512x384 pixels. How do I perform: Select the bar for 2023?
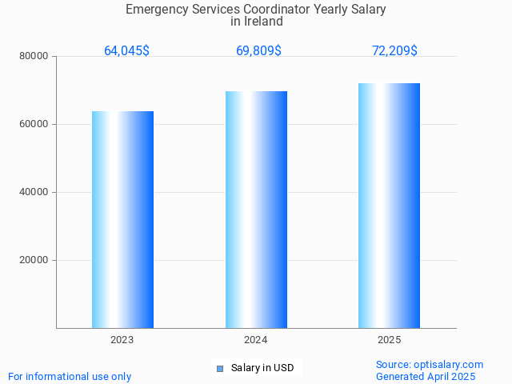(x=122, y=219)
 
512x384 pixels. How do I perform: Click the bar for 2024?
(x=256, y=210)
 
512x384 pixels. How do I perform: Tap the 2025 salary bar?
(x=389, y=206)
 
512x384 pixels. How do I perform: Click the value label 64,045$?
(x=126, y=50)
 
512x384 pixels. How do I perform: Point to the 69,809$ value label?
(x=258, y=50)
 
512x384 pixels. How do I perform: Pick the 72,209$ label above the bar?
(x=394, y=50)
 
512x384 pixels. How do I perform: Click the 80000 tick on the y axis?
(x=34, y=56)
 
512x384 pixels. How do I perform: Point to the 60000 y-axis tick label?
(x=34, y=124)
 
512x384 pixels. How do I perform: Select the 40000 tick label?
(x=34, y=192)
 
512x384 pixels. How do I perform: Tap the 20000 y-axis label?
(x=34, y=260)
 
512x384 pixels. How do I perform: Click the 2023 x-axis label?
(x=122, y=340)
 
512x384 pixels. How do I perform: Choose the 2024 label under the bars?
(x=256, y=340)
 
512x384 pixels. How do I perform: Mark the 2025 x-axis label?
(x=389, y=340)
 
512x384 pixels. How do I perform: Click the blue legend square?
(x=220, y=368)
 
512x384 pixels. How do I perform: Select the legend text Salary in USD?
(x=262, y=368)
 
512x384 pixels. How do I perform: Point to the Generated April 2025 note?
(x=426, y=376)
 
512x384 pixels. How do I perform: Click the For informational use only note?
(x=70, y=376)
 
